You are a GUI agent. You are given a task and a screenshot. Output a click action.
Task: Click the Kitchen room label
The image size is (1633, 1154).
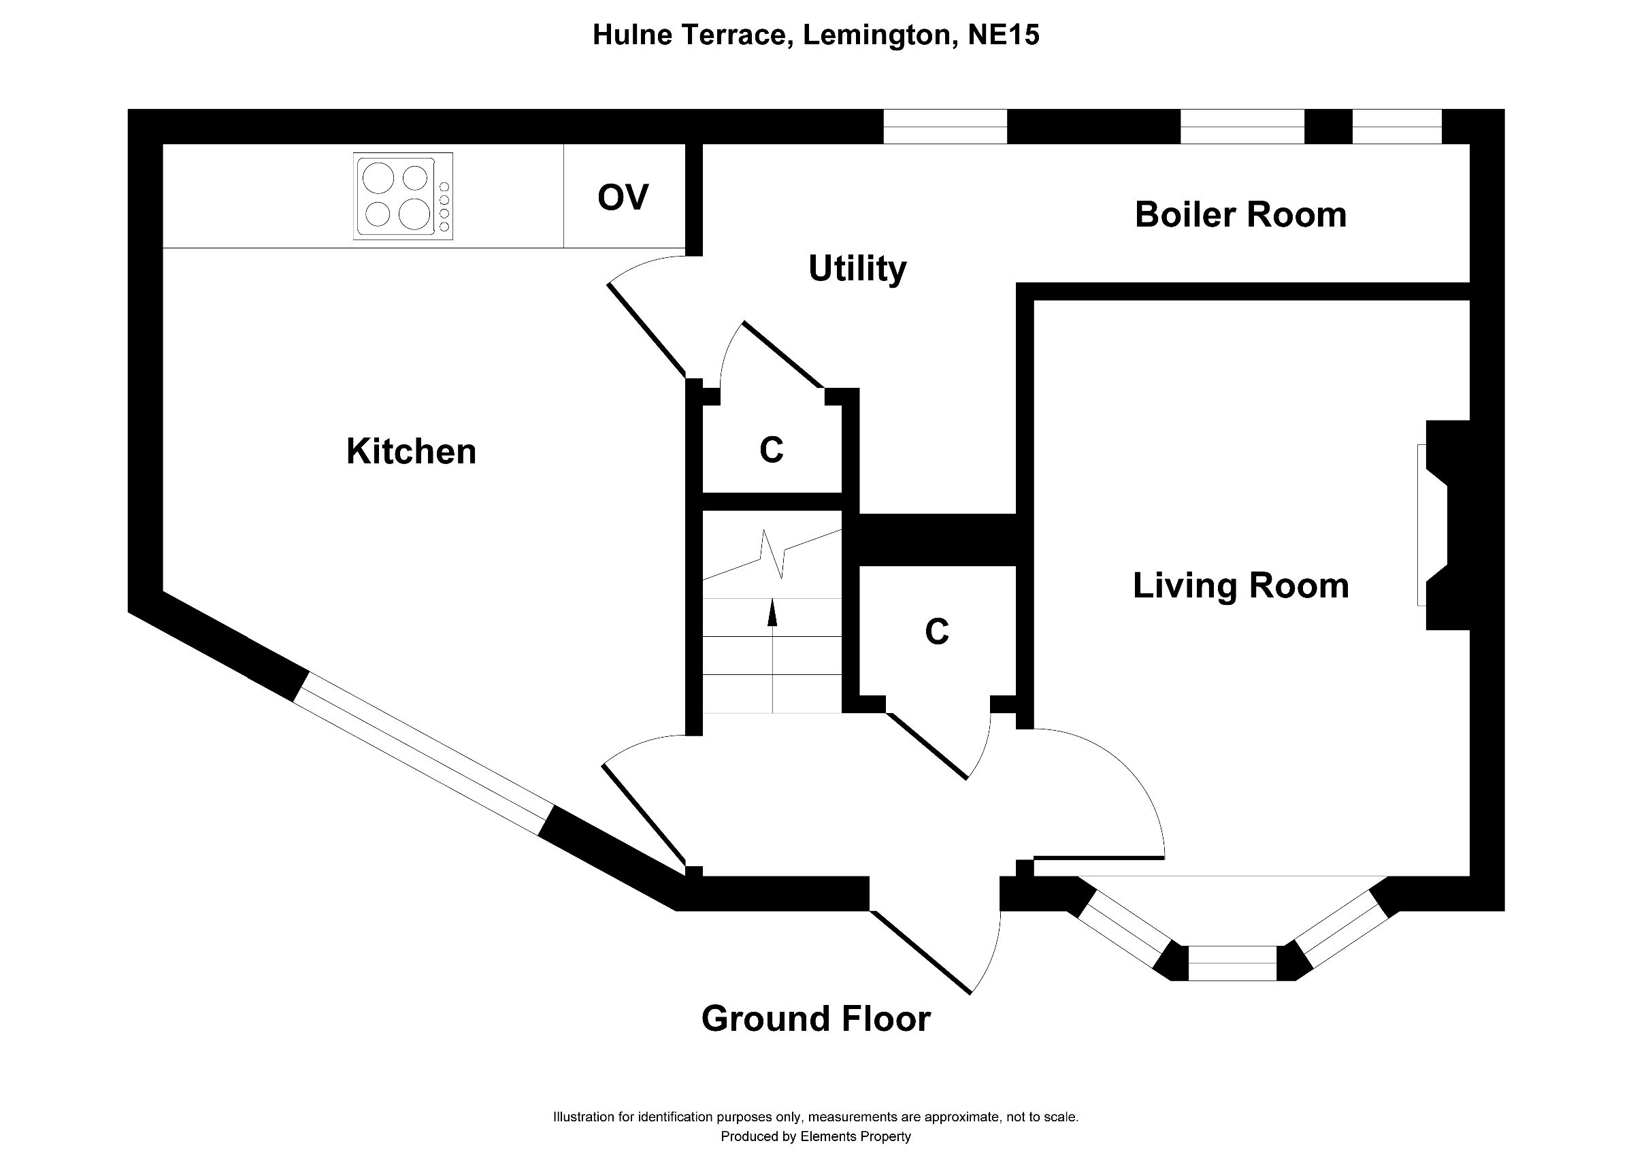tap(411, 452)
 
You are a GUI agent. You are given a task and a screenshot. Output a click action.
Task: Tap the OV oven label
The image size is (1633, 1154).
tap(623, 198)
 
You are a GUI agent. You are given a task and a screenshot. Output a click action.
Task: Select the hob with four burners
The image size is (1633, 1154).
tap(403, 196)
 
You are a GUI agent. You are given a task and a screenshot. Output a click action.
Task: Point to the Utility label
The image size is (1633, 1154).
tap(857, 269)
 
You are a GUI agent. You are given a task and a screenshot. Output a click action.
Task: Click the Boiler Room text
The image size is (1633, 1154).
tap(1240, 215)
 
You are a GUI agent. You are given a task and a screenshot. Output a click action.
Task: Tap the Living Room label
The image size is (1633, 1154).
tap(1240, 586)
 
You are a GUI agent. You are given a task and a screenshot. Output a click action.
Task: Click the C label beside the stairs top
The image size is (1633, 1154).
tap(772, 449)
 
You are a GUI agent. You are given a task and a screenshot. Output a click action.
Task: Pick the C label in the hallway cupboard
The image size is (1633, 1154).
tap(937, 631)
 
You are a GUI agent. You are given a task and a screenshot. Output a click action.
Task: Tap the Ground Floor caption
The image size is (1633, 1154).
tap(816, 1019)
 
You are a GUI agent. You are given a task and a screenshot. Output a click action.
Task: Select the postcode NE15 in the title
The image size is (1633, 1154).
tap(1004, 34)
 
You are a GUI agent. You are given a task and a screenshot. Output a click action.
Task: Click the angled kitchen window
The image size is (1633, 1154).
tap(423, 754)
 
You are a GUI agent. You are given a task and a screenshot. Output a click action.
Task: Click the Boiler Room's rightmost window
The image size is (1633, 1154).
tap(1396, 127)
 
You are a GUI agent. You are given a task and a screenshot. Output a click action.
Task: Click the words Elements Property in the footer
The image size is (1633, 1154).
tap(855, 1136)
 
